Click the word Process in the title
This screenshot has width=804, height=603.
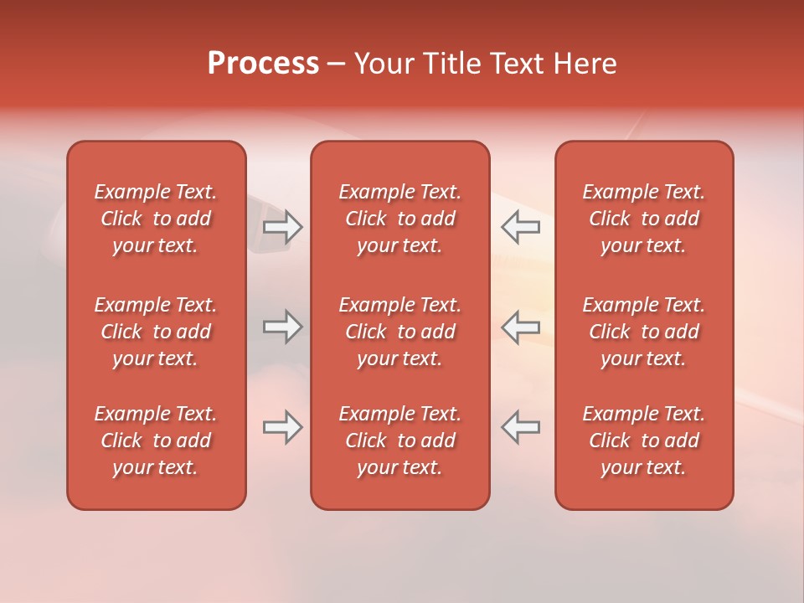coord(263,64)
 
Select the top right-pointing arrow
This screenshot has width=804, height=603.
coord(282,227)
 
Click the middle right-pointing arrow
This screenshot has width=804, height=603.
coord(282,327)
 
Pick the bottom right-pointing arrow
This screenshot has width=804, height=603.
coord(282,427)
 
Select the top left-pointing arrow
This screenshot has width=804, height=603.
coord(521,227)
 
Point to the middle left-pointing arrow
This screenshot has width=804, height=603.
coord(521,327)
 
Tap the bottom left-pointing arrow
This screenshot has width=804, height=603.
coord(521,427)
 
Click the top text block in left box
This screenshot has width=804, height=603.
coord(156,219)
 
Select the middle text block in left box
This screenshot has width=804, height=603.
coord(156,332)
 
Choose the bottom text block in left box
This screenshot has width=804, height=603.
coord(156,441)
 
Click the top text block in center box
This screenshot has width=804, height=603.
coord(399,219)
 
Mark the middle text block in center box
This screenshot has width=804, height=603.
coord(399,332)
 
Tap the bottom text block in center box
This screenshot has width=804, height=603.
coord(399,441)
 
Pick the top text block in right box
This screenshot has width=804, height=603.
coord(644,219)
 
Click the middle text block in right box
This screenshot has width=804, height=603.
coord(644,332)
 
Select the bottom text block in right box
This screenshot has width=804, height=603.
coord(644,441)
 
